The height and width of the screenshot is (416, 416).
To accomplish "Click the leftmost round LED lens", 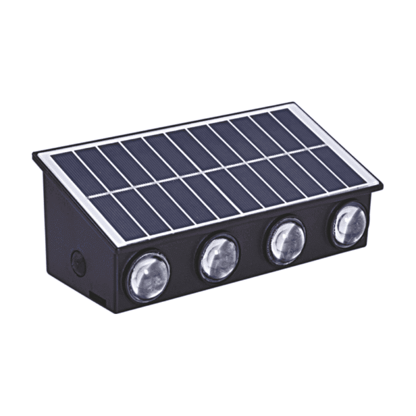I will [x=147, y=277].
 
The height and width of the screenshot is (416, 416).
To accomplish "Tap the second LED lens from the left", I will [x=219, y=258].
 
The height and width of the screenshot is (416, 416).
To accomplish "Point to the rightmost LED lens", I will [x=349, y=225].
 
